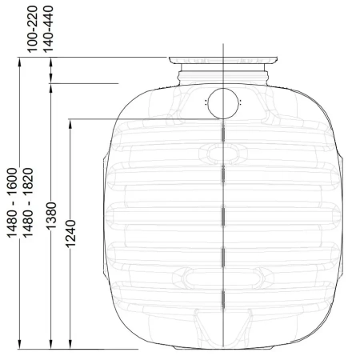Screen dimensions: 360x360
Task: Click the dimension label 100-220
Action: (33, 29)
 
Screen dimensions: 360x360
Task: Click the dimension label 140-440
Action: (48, 29)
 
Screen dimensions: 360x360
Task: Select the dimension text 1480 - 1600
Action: (12, 202)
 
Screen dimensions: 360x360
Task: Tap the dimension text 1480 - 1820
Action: (28, 202)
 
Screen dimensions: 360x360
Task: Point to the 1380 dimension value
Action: (51, 215)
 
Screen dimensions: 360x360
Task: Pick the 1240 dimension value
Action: (70, 234)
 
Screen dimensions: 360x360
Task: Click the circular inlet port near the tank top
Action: (223, 103)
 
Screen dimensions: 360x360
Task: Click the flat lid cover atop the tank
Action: (223, 60)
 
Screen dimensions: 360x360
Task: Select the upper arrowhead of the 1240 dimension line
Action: (70, 123)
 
